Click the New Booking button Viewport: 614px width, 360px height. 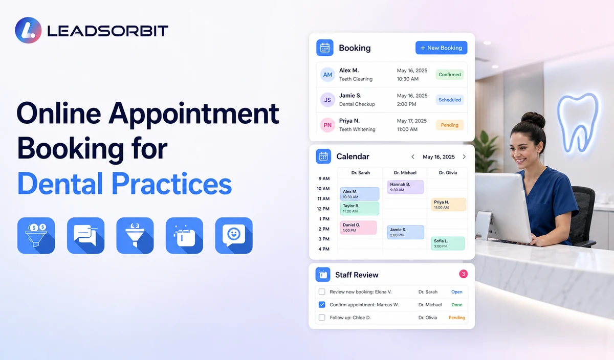click(x=441, y=48)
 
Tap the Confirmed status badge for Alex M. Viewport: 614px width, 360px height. click(x=450, y=75)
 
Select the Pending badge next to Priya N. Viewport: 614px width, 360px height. click(x=450, y=125)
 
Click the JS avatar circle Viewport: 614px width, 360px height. click(x=327, y=100)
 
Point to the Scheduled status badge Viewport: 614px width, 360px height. click(x=450, y=100)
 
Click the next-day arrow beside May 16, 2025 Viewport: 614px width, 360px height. click(x=464, y=156)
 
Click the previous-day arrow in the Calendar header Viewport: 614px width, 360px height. click(x=413, y=156)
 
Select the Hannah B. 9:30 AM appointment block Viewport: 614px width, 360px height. click(x=405, y=187)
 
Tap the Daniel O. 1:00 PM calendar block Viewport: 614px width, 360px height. click(x=358, y=228)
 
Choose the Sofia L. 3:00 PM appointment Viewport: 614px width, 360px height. click(x=448, y=243)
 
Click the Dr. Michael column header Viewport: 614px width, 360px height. click(x=405, y=173)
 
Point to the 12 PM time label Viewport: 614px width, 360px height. click(x=323, y=209)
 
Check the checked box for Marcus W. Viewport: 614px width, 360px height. click(x=322, y=305)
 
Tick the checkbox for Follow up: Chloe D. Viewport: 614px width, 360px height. click(x=322, y=318)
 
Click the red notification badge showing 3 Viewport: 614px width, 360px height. click(x=463, y=274)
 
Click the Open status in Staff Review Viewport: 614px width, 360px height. click(x=456, y=292)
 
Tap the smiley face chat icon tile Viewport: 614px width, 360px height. click(x=234, y=236)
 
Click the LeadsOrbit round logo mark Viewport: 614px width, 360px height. click(x=28, y=30)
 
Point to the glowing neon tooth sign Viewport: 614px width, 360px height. click(x=578, y=122)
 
